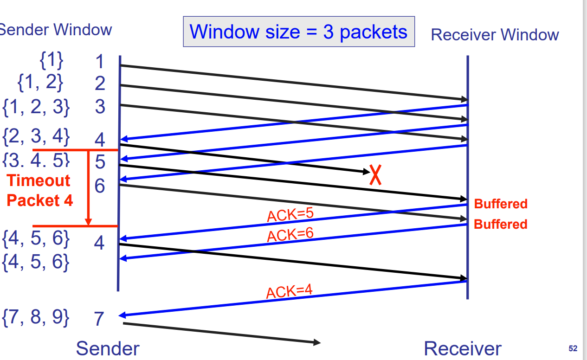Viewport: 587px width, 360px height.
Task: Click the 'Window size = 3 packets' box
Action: pos(299,32)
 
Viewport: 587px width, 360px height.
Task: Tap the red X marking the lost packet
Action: pos(375,176)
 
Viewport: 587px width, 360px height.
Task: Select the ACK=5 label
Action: pos(290,215)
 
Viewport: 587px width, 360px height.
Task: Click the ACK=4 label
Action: pos(289,292)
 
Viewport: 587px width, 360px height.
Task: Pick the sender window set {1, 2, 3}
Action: pos(36,107)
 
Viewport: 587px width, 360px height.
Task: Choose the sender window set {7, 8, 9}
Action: pos(36,318)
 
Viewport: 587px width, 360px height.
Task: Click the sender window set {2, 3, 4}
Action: pos(36,137)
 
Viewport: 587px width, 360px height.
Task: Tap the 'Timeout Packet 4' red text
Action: pos(40,190)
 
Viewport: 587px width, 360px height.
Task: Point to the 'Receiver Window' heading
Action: pos(495,35)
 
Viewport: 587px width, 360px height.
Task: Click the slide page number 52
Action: pos(573,348)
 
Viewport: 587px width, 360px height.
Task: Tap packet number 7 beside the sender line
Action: pos(99,319)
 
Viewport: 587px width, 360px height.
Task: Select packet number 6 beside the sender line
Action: pos(100,186)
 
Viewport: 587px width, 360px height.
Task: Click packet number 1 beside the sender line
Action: pos(100,62)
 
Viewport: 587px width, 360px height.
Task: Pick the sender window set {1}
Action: pos(52,60)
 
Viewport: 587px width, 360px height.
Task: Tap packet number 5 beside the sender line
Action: pos(100,162)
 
